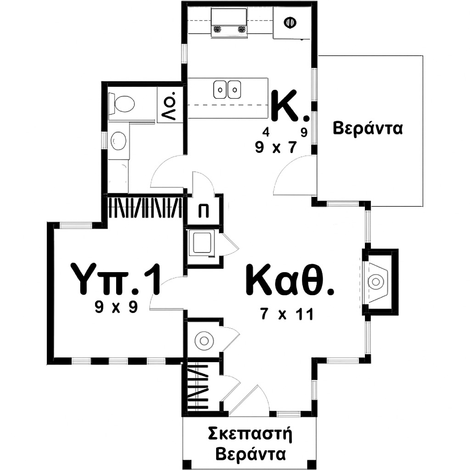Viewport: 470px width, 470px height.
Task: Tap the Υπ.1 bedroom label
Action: (x=115, y=279)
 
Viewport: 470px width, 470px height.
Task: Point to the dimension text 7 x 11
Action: (x=287, y=314)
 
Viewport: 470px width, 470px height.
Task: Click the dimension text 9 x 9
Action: (x=116, y=307)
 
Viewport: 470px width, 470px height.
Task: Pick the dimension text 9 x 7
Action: (x=276, y=147)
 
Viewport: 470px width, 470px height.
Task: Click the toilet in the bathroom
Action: (x=121, y=104)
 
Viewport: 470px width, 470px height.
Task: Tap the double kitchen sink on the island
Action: (x=227, y=90)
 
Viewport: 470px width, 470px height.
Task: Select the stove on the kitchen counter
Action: (x=229, y=23)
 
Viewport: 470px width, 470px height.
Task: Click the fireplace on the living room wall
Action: (x=380, y=282)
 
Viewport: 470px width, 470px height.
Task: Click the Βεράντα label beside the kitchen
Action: (x=368, y=128)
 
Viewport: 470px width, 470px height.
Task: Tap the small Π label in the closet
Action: (x=203, y=211)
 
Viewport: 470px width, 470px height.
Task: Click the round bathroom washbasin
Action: (x=118, y=140)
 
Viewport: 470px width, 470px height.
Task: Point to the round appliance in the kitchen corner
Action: (x=290, y=22)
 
